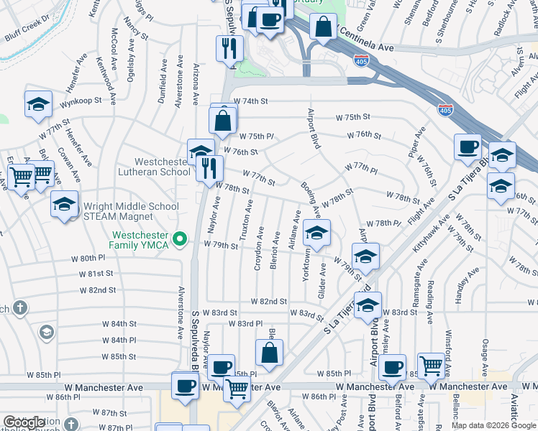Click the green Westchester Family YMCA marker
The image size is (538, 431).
pyautogui.click(x=182, y=239)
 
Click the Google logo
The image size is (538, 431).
pyautogui.click(x=24, y=422)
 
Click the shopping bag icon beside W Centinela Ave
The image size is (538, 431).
pyautogui.click(x=324, y=28)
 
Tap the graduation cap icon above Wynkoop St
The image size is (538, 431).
pyautogui.click(x=37, y=104)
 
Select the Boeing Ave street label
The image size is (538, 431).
pyautogui.click(x=311, y=200)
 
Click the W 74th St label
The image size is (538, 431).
pyautogui.click(x=250, y=101)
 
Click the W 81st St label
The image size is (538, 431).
pyautogui.click(x=97, y=274)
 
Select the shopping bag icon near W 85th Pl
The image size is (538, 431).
pyautogui.click(x=269, y=353)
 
